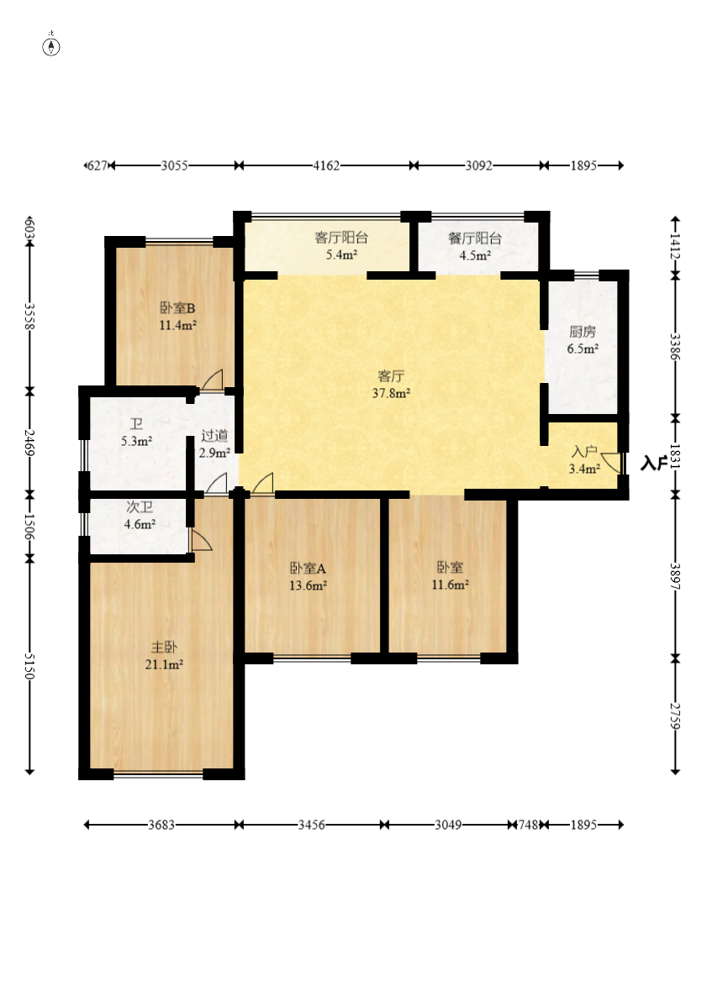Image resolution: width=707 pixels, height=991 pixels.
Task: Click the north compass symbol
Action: coord(51,45)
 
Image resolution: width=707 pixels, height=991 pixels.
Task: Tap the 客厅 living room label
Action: coord(391,376)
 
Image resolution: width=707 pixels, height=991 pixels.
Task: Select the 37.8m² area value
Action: coord(391,393)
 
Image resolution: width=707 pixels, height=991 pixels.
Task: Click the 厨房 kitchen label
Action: coord(583,332)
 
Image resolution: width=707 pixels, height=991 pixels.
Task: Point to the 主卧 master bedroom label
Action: coord(164,648)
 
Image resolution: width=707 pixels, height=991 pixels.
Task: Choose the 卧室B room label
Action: coord(177,308)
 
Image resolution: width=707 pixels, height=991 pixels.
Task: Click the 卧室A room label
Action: coord(308,569)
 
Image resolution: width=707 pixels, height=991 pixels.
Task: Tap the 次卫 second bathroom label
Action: coord(140,507)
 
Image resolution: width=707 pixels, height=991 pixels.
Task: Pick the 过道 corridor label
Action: coord(214,436)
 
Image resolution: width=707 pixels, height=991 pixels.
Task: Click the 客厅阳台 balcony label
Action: coord(341,238)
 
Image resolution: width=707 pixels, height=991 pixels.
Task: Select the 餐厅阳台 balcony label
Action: coord(475,239)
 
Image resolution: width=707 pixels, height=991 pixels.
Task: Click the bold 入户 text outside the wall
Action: coord(654,464)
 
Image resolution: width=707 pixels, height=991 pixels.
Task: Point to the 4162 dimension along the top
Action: coord(326,165)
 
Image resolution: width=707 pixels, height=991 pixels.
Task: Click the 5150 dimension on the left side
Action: coord(29,666)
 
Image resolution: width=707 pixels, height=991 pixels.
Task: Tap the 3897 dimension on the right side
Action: coord(675,576)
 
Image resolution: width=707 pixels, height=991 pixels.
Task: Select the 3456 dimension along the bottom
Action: coord(312,825)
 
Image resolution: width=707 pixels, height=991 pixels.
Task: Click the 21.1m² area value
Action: coord(165,664)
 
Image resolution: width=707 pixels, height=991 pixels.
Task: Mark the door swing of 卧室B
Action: coord(213,380)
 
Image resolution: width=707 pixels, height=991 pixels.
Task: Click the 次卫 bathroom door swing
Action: coord(200,540)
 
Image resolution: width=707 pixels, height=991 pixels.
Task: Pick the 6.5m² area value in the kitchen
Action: coord(583,349)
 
